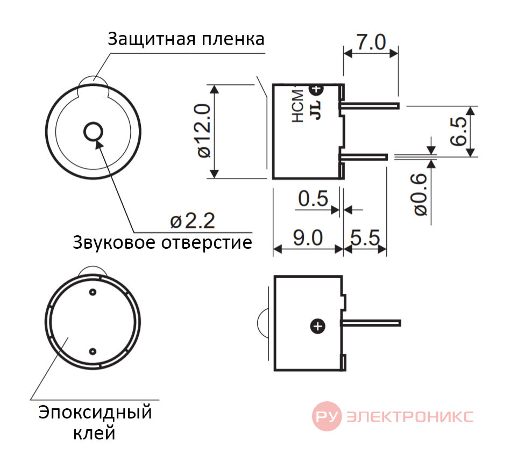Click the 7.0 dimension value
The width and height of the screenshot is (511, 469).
click(x=371, y=42)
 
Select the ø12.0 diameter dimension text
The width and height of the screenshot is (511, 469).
click(x=204, y=131)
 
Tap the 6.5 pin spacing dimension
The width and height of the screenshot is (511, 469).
click(x=458, y=131)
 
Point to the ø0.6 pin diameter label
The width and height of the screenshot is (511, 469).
click(x=421, y=194)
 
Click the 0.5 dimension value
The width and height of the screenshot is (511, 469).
click(x=313, y=199)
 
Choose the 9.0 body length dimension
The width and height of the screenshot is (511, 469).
click(x=308, y=238)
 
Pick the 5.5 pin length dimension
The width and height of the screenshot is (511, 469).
click(x=365, y=238)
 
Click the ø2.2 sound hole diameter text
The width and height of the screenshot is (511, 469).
click(x=193, y=221)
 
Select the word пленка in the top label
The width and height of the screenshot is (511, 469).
click(x=233, y=40)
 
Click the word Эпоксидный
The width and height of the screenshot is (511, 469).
click(x=95, y=413)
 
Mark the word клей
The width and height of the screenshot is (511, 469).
click(x=94, y=434)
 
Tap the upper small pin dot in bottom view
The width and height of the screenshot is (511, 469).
click(x=93, y=292)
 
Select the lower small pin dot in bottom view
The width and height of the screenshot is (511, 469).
click(x=93, y=351)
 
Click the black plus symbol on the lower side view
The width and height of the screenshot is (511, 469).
click(x=318, y=326)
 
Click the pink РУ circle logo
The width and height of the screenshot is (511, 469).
click(x=327, y=416)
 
